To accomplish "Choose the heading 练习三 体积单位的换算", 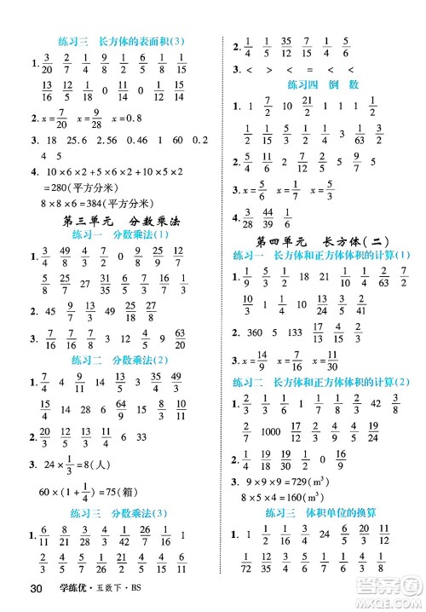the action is (324, 512).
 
